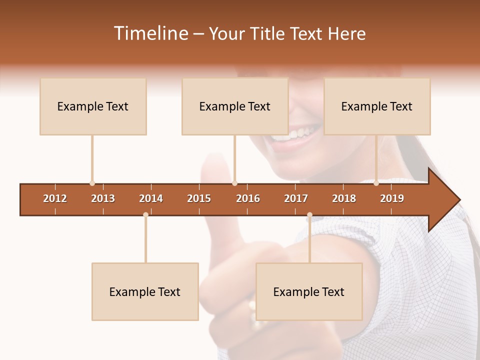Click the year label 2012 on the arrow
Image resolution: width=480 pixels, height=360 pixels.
coord(55,198)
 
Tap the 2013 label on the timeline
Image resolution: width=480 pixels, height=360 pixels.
coord(103,198)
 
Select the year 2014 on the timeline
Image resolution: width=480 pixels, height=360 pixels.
coord(151,198)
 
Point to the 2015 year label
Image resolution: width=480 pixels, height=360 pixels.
coord(199,198)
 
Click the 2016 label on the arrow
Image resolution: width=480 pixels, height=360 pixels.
coord(248,198)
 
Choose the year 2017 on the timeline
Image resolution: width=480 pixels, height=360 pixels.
coord(296,198)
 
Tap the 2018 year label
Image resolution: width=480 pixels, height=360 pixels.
coord(344,198)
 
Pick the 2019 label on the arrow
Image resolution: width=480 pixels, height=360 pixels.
coord(392,198)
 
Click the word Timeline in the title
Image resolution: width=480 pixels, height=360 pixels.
coord(150,33)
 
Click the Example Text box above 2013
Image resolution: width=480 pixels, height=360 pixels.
coord(93,106)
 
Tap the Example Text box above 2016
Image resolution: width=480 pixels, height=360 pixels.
coord(235,106)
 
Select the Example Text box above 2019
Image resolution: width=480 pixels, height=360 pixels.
coord(377,106)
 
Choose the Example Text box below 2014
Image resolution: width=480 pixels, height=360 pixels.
coord(145,292)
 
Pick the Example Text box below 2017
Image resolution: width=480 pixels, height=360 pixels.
coord(309,292)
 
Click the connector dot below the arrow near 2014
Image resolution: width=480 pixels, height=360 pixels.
coord(145,214)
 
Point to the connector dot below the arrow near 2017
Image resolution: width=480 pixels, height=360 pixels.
coord(309,214)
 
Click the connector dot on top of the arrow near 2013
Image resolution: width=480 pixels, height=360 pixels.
coord(92,183)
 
